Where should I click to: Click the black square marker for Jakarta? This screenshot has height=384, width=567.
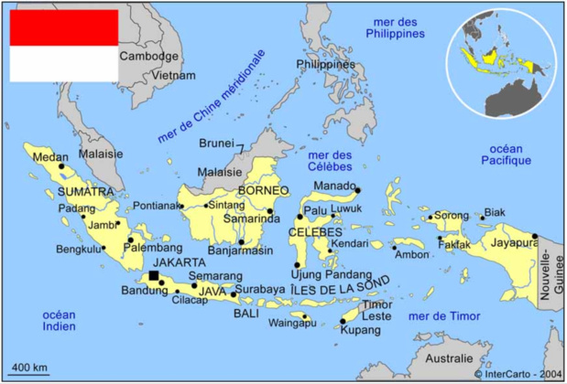(x=154, y=275)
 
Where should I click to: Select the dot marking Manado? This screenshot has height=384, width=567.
(x=357, y=190)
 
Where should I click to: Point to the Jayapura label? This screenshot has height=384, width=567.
(x=514, y=243)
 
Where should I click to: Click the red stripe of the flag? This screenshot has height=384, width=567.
(x=63, y=27)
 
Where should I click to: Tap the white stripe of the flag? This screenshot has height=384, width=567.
(x=63, y=63)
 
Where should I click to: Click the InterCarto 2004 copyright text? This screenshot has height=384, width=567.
(x=518, y=373)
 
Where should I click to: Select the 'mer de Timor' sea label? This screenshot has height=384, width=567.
(x=444, y=315)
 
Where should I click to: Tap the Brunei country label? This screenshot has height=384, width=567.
(x=217, y=144)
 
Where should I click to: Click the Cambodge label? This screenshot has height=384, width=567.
(x=149, y=56)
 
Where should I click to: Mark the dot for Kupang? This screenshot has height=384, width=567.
(x=344, y=320)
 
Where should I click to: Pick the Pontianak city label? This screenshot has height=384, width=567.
(x=157, y=206)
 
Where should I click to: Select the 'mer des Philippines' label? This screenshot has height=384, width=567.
(x=396, y=27)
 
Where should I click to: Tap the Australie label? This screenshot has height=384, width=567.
(x=449, y=357)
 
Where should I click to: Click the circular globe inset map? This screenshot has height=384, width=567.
(x=501, y=62)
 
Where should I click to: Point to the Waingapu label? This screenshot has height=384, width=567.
(x=292, y=323)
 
